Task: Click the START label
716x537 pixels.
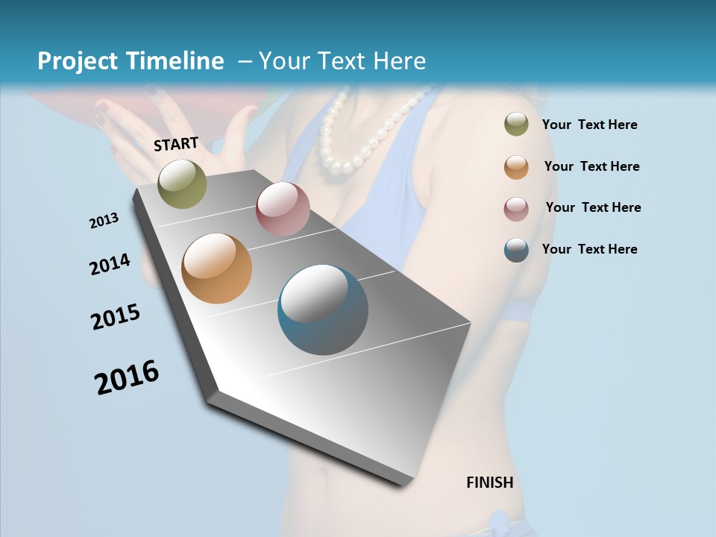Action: (x=176, y=144)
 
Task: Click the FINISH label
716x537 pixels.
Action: (x=489, y=483)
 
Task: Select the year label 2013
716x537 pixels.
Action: (x=104, y=221)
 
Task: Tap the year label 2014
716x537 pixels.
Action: (x=110, y=264)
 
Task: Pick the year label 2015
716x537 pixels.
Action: (x=116, y=317)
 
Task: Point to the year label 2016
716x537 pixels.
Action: (x=127, y=377)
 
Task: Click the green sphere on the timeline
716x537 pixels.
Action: (x=182, y=183)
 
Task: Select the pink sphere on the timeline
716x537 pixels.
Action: (x=283, y=209)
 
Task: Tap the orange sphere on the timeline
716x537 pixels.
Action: (x=217, y=268)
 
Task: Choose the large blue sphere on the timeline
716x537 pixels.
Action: (x=323, y=310)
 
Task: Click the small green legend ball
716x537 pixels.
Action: (x=516, y=125)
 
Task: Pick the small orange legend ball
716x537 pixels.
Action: (x=516, y=166)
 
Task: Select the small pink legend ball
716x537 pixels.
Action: (x=516, y=208)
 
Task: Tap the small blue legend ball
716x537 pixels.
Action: (x=516, y=250)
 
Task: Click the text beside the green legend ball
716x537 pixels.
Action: (x=589, y=125)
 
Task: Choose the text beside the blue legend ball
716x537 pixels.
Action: (x=589, y=249)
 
